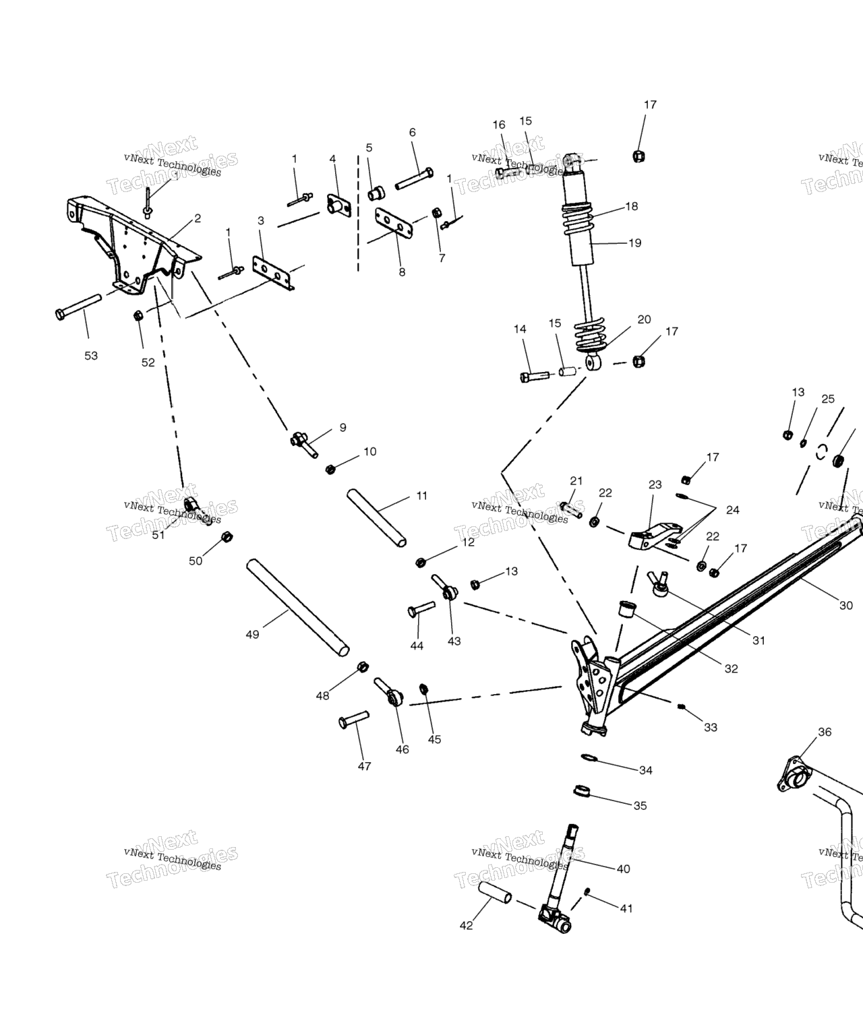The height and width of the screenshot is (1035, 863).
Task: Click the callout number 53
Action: coord(91,356)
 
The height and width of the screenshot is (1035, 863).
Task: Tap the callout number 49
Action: coord(252,634)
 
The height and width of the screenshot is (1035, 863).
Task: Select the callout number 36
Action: coord(825,732)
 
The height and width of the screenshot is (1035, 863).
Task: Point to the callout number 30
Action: coord(846,605)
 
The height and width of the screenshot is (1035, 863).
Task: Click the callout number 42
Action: coord(467,925)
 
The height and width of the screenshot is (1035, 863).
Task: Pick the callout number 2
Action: coord(198,218)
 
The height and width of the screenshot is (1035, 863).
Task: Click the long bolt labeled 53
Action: coord(78,305)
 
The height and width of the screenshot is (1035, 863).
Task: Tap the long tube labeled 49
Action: coord(297,607)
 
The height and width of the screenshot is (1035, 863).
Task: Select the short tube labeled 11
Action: coord(376,517)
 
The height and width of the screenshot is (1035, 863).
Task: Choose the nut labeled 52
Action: coord(138,315)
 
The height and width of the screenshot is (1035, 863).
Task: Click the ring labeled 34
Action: coord(589,758)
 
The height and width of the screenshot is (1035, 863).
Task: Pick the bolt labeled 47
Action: coord(354,720)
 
